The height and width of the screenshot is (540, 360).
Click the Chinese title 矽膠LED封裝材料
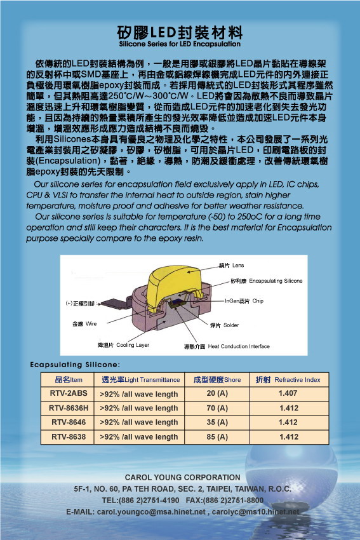[x=180, y=32]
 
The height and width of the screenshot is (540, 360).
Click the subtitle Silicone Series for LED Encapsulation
[x=180, y=44]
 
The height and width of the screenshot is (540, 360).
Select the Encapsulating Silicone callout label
[x=266, y=281]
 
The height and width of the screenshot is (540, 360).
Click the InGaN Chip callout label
[x=244, y=300]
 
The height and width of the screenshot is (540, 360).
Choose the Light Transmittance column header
[x=141, y=380]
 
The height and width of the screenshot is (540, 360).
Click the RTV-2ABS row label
[x=69, y=394]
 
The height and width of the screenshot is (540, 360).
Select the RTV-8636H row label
[x=69, y=408]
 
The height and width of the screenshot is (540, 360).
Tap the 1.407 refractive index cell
[x=288, y=394]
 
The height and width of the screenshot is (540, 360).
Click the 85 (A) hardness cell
[x=217, y=436]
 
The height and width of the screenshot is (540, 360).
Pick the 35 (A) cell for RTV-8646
[x=217, y=422]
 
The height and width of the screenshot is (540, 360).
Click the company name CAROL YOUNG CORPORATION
[x=182, y=477]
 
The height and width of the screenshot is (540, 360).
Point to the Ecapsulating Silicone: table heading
[x=75, y=365]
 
